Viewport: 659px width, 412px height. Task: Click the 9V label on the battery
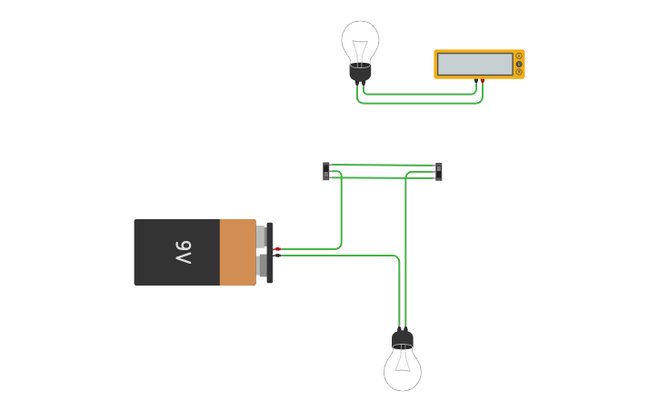183,252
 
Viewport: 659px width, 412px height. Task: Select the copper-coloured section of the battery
238,252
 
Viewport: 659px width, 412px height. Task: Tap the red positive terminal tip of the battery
278,248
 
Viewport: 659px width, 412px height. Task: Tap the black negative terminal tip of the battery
278,256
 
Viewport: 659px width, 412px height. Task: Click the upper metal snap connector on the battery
262,236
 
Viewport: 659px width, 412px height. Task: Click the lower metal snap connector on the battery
262,266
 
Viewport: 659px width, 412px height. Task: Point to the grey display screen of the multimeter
474,64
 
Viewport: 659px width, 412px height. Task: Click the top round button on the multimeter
519,55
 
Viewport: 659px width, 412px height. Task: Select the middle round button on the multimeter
519,64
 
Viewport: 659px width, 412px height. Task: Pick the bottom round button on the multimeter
519,72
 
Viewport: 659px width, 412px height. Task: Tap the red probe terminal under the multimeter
483,81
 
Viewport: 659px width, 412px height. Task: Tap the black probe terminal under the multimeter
475,81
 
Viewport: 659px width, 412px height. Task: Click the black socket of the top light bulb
361,72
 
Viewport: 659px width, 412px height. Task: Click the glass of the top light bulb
361,38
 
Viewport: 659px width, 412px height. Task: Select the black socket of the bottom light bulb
403,341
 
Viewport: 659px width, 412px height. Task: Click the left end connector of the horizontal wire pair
326,171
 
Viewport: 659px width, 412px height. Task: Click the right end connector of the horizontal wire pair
439,171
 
